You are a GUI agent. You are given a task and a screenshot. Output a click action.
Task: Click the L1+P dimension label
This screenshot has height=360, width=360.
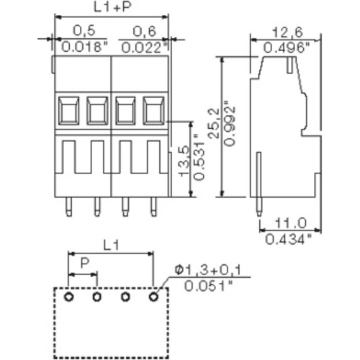(x=111, y=8)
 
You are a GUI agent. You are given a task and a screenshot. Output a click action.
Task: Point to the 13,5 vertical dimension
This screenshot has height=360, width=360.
(x=183, y=161)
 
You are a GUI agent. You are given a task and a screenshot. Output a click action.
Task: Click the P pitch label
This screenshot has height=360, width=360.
(x=84, y=266)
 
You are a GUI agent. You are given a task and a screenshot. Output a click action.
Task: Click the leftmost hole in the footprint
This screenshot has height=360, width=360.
(x=68, y=297)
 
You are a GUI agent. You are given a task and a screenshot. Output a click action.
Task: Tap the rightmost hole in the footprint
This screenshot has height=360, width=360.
(x=153, y=297)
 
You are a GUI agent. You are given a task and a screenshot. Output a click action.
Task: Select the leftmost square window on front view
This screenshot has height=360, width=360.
(x=68, y=111)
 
